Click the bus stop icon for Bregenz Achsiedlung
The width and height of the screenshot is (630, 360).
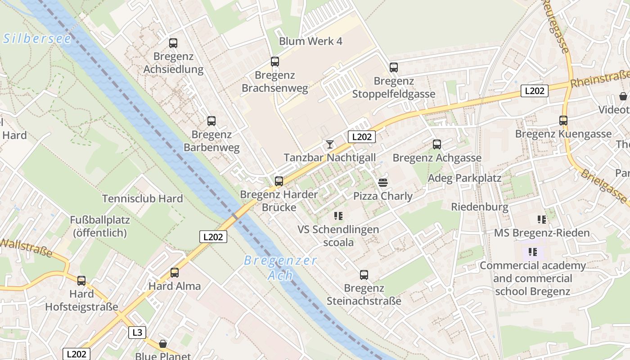(173, 43)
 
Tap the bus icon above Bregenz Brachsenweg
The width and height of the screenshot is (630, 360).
(274, 62)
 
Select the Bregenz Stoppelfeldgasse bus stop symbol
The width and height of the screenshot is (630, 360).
(394, 67)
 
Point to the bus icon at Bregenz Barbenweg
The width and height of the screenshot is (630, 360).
(211, 121)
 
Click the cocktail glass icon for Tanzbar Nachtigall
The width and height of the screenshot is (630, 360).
(330, 144)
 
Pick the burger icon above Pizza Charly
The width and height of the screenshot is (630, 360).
(383, 183)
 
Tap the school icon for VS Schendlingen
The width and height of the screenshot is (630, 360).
(338, 216)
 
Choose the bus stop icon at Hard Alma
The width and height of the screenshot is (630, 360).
(175, 273)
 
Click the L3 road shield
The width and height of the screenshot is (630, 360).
(137, 333)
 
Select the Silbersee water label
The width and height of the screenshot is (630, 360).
(37, 39)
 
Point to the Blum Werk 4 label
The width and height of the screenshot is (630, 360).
(310, 41)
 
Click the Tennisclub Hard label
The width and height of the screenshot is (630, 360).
(142, 198)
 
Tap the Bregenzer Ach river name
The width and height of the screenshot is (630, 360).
(280, 268)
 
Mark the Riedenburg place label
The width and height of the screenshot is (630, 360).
(480, 207)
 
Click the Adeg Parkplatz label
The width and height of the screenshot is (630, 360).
(464, 178)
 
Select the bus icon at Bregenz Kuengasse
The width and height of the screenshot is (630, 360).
(563, 121)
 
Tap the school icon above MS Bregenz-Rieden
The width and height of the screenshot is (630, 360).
(542, 220)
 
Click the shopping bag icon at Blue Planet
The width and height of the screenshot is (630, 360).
(163, 344)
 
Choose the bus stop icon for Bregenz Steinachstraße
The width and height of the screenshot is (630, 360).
(364, 275)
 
